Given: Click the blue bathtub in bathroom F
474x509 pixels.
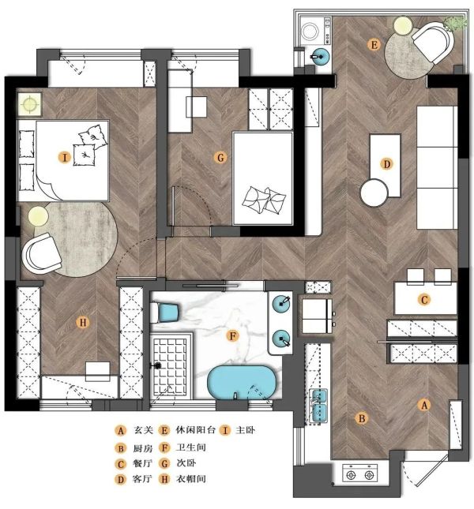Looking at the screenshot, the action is coord(242,382).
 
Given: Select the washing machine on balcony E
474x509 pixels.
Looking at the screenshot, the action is coord(316,32).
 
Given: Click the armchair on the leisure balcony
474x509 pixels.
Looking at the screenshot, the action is coord(433,42).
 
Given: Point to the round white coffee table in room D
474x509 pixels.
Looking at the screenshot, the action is coord(374,193).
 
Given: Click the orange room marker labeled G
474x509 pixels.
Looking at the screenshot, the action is coord(220,158).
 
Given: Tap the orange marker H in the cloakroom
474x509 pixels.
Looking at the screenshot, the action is coord(82,323).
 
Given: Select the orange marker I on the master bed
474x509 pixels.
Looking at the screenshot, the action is coord(65,158).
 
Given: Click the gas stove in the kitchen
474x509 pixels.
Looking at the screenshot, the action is coord(360,475).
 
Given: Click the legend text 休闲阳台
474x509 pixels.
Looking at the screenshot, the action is coord(196,430).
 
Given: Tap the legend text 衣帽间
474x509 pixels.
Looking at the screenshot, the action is coord(190,479).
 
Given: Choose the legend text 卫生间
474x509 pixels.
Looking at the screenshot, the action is coord(190,447).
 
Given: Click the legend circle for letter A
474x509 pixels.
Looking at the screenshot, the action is coord(121,431).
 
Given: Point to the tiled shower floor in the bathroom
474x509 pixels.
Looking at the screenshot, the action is coord(170,365).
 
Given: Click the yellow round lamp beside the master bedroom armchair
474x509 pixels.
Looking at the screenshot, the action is coord(38,216).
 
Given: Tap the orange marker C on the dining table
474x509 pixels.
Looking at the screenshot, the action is coord(423,299).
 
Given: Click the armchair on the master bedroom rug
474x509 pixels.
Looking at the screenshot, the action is coord(42,253).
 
